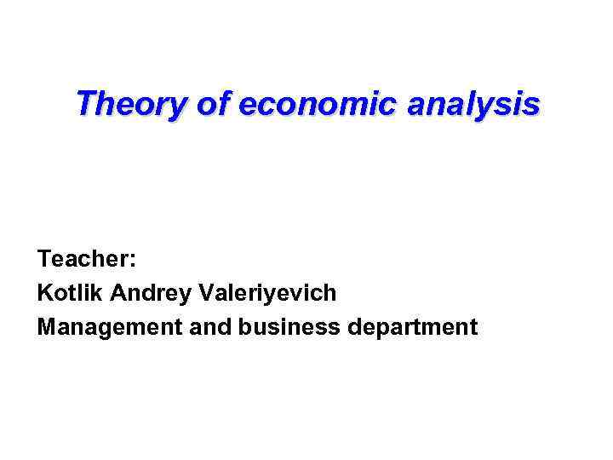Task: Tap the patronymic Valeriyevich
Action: [266, 293]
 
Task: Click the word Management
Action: [106, 327]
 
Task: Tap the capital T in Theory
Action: [84, 104]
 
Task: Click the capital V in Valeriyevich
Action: [205, 293]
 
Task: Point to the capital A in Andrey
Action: [117, 293]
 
